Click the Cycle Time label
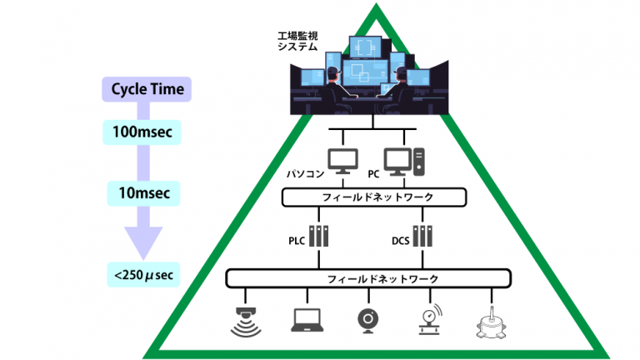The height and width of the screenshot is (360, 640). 147,89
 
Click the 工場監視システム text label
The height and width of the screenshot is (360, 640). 298,42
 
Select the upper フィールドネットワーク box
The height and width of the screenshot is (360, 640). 372,197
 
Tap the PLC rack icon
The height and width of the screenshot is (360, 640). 319,238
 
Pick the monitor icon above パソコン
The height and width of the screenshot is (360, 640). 342,160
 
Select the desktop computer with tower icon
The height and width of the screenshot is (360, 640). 403,160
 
